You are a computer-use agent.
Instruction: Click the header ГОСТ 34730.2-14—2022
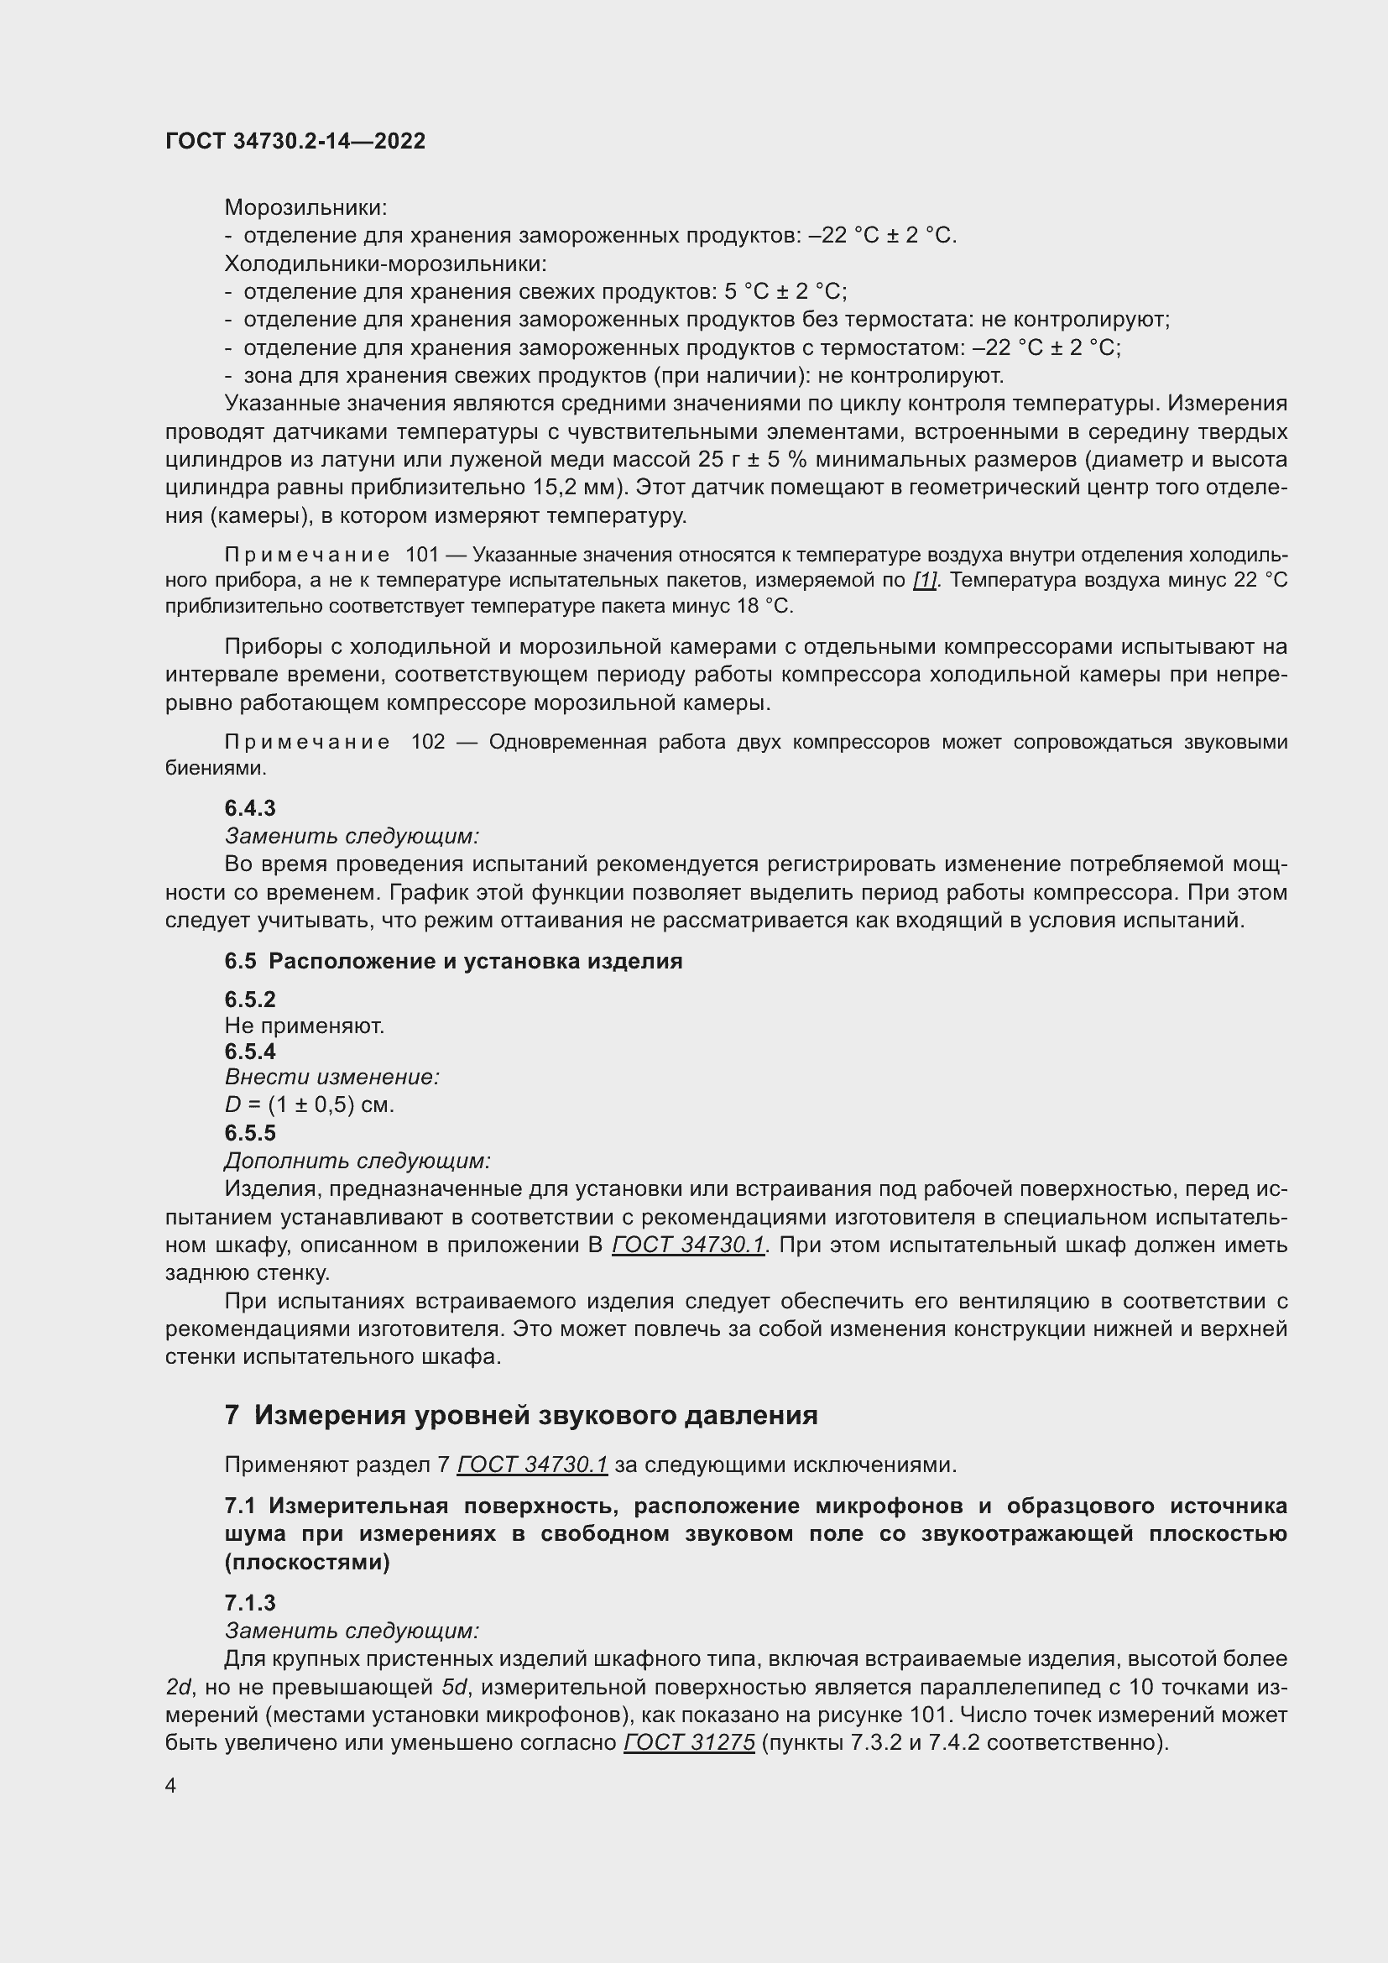pos(295,141)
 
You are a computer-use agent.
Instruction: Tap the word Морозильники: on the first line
pos(305,208)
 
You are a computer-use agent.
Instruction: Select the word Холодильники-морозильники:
pos(385,264)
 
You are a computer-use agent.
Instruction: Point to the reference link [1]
pos(925,581)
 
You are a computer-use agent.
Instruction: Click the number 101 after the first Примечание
pos(422,556)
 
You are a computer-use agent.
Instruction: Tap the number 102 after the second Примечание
pos(427,742)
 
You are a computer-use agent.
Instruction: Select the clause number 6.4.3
pos(249,808)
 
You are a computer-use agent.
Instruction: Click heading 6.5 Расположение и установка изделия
pos(453,961)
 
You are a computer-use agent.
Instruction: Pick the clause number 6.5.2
pos(249,1000)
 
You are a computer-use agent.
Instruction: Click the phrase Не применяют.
pos(305,1025)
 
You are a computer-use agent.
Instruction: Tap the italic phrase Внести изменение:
pos(331,1078)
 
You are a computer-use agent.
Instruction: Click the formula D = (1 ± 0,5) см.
pos(310,1104)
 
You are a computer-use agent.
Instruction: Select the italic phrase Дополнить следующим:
pos(357,1161)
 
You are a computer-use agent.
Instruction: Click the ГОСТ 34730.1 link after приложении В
pos(688,1245)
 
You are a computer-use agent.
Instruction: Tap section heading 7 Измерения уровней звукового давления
pos(520,1416)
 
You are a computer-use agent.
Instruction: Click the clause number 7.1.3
pos(249,1603)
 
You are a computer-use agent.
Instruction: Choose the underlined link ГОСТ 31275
pos(689,1742)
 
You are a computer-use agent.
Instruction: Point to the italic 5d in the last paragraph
pos(454,1687)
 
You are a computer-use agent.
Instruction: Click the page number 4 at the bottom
pos(171,1786)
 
